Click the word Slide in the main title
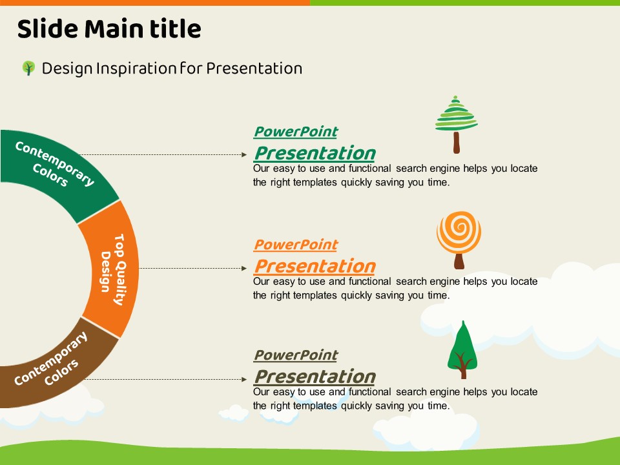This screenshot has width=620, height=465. pyautogui.click(x=48, y=29)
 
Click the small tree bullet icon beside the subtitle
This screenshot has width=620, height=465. pyautogui.click(x=28, y=68)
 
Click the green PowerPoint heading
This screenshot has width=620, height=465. pyautogui.click(x=296, y=132)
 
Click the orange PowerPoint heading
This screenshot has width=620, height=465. pyautogui.click(x=296, y=245)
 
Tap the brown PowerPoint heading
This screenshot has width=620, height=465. pyautogui.click(x=296, y=355)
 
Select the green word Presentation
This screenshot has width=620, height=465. pyautogui.click(x=315, y=153)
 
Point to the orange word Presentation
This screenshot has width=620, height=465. pyautogui.click(x=315, y=266)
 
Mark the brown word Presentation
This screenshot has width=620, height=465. pyautogui.click(x=315, y=377)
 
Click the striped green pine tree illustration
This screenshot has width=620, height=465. pyautogui.click(x=457, y=124)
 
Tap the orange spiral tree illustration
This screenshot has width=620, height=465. pyautogui.click(x=459, y=240)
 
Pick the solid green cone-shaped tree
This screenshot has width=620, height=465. pyautogui.click(x=462, y=349)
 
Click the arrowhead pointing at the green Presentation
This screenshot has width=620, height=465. pyautogui.click(x=244, y=154)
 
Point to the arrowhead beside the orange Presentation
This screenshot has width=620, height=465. pyautogui.click(x=244, y=268)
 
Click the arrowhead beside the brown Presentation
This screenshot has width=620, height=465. pyautogui.click(x=244, y=379)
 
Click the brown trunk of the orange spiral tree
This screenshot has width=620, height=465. pyautogui.click(x=459, y=262)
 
